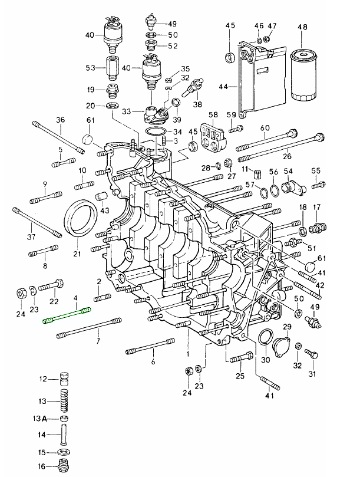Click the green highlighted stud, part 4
click(68, 315)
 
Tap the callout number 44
click(223, 87)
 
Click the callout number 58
click(213, 114)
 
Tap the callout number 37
click(31, 237)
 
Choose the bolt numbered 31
click(312, 354)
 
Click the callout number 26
click(287, 157)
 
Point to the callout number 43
click(105, 210)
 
